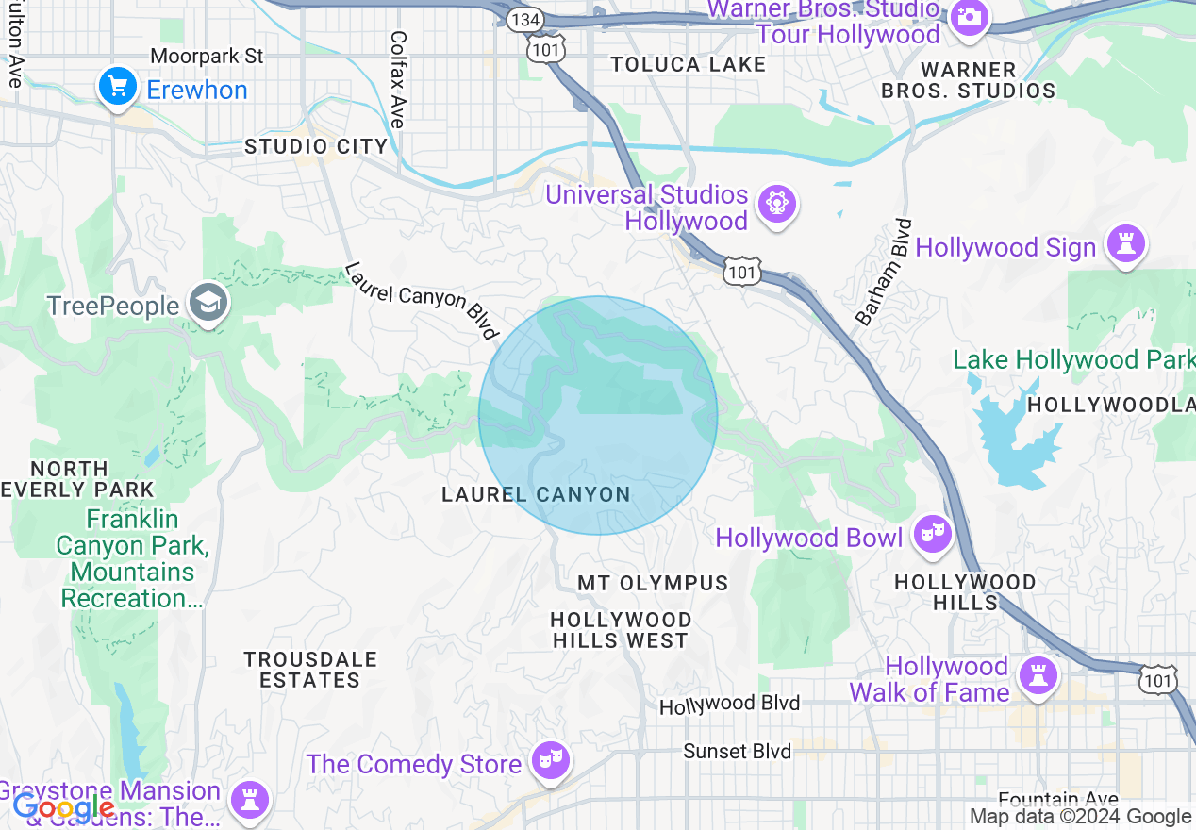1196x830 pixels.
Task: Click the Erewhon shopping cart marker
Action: [x=118, y=88]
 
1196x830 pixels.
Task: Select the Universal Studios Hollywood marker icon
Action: [x=777, y=204]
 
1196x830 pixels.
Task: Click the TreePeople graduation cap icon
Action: [x=208, y=303]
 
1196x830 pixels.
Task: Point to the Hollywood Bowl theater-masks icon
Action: [x=932, y=535]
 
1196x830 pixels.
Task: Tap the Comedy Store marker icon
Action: [x=550, y=760]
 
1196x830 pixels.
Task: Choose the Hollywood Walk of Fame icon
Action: [x=1038, y=675]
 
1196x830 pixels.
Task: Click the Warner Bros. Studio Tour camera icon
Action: [x=969, y=17]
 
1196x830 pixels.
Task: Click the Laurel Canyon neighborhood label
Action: [x=536, y=494]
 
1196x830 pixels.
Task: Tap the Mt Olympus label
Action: [x=653, y=583]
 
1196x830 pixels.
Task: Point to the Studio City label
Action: [x=316, y=146]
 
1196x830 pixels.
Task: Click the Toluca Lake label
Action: [x=688, y=64]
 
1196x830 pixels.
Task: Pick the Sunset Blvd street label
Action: [x=738, y=751]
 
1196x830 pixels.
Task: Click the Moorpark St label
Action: [x=207, y=57]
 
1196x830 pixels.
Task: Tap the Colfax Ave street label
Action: [x=398, y=79]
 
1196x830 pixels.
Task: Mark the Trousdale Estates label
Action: [x=309, y=669]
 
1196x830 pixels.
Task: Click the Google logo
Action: [x=63, y=807]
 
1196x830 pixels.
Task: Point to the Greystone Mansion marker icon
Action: [x=250, y=800]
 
